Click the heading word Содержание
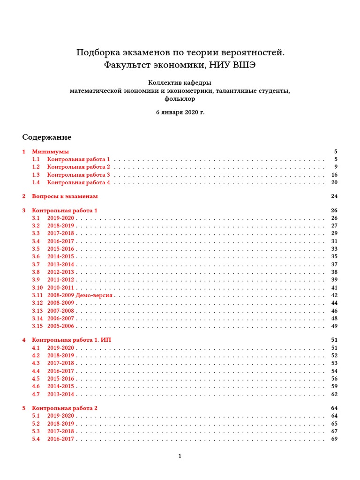pos(47,137)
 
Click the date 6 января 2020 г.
pos(180,112)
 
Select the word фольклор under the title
pos(180,99)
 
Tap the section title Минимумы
pos(50,152)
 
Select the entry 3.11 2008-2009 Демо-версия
pos(81,295)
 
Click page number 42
pos(334,295)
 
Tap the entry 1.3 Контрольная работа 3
pos(78,175)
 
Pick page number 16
pos(334,175)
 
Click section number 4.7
pos(36,394)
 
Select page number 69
pos(334,439)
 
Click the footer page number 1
pos(180,456)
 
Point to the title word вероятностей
pos(252,52)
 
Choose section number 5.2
pos(36,423)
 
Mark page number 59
pos(334,386)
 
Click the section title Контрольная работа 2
pos(65,408)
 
